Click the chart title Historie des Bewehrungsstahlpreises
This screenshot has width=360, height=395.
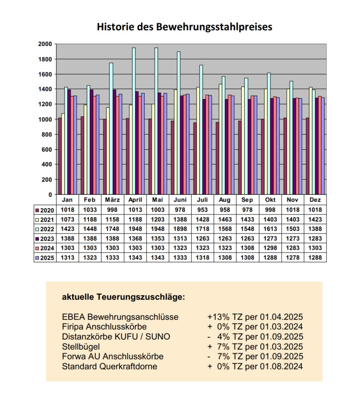point(185,27)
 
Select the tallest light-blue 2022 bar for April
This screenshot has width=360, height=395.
point(134,121)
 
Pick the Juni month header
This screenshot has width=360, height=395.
point(180,200)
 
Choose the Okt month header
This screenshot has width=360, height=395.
point(270,200)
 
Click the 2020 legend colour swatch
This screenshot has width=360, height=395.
point(37,210)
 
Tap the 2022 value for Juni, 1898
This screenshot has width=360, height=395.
point(180,229)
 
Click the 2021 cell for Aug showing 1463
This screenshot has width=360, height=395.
point(225,219)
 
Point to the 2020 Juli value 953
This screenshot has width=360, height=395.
point(203,210)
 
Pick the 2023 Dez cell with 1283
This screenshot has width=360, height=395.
point(315,238)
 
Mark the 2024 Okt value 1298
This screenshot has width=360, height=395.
point(270,248)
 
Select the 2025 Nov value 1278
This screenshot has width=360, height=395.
point(293,257)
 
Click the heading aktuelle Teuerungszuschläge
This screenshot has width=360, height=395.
point(123,298)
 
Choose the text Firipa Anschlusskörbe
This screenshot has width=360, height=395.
point(104,327)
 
